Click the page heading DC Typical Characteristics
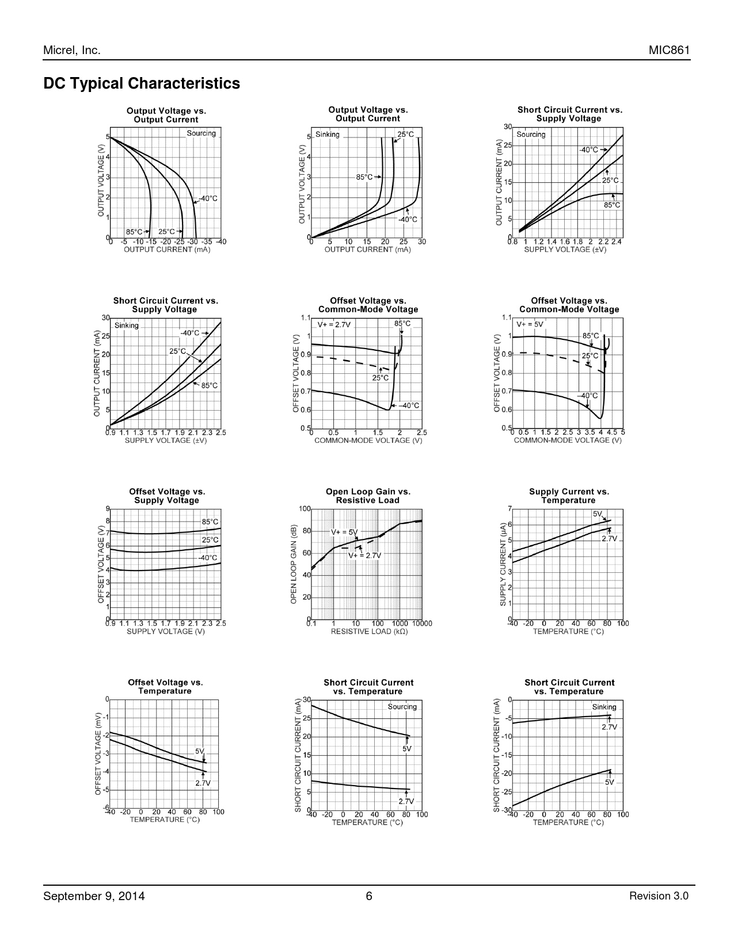pos(142,83)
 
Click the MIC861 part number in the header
pos(669,51)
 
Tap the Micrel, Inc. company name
pos(72,51)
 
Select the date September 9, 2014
pos(94,896)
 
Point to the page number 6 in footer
pos(369,896)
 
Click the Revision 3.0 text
pos(659,896)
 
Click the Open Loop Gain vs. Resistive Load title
pos(368,496)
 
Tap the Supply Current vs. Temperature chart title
pos(569,496)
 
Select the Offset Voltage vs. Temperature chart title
pos(165,687)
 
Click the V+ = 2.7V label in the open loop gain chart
pos(364,556)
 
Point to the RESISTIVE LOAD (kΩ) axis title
pos(369,632)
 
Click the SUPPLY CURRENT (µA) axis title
pos(503,564)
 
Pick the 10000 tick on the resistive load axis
pos(422,623)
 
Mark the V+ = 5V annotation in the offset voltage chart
pos(530,324)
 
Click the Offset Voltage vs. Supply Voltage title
pos(167,496)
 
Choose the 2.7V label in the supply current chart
pos(609,539)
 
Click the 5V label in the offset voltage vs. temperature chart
pos(200,751)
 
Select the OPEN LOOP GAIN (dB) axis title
pos(294,564)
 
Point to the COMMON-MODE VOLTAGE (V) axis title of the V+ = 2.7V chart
pos(368,441)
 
